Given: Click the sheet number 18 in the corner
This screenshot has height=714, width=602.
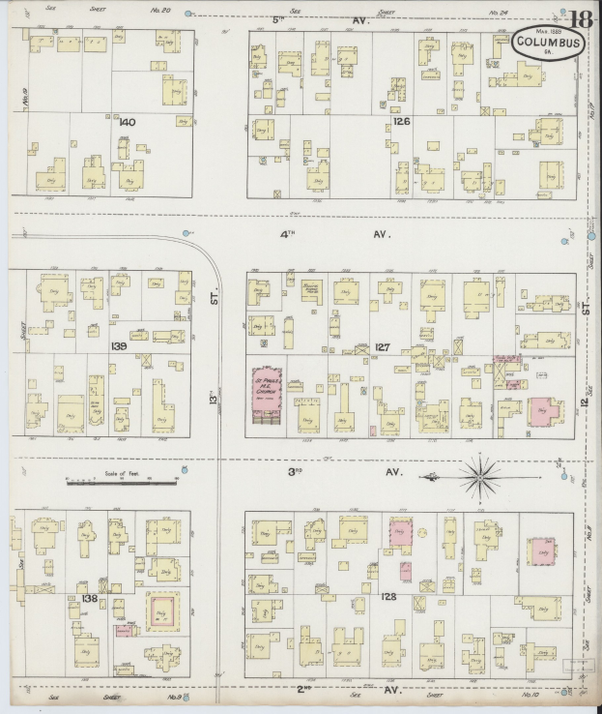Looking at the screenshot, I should click(581, 18).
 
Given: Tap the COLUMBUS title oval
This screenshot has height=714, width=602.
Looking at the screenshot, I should click(547, 43).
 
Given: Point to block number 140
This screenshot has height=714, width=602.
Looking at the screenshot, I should click(126, 122).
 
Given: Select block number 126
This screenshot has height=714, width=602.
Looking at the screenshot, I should click(401, 122).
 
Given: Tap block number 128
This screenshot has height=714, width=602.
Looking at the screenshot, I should click(388, 597).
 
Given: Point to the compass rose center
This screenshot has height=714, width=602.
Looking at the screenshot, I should click(480, 476).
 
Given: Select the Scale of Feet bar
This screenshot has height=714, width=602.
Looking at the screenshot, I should click(122, 481).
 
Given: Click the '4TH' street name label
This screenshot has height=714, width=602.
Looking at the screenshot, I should click(287, 234).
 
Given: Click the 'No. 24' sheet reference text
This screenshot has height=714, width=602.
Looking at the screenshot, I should click(499, 13).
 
